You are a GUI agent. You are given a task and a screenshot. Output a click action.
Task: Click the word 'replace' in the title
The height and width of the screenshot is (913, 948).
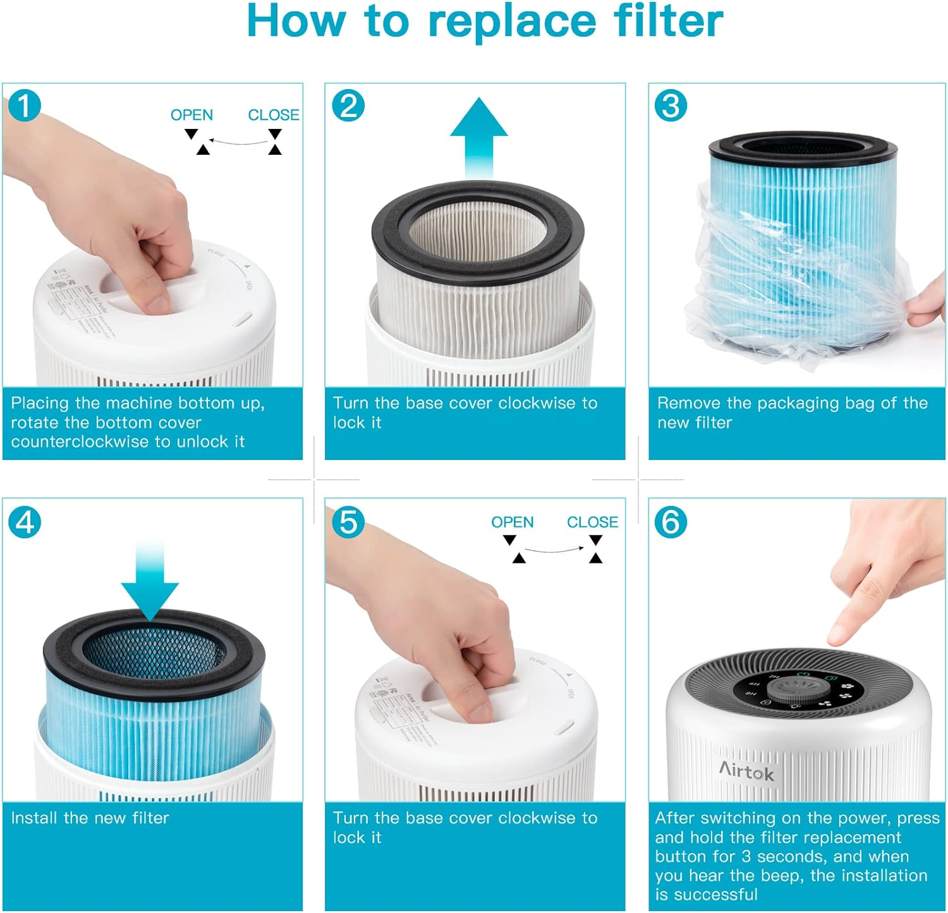(x=511, y=22)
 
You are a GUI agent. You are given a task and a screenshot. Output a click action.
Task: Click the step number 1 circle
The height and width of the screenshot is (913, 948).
(x=25, y=106)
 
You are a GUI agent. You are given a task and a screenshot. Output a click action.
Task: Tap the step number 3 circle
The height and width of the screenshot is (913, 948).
(x=671, y=106)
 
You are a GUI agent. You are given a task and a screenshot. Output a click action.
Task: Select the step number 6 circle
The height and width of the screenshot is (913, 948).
(x=671, y=523)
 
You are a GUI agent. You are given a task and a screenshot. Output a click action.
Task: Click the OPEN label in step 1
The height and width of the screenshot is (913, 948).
(x=191, y=115)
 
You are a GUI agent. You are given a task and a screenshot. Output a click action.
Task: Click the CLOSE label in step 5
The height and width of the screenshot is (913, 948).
(x=592, y=522)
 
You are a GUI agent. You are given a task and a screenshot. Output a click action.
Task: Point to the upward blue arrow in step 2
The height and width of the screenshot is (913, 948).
(x=479, y=136)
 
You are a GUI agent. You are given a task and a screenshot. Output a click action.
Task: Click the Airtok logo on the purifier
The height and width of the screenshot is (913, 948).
(x=746, y=771)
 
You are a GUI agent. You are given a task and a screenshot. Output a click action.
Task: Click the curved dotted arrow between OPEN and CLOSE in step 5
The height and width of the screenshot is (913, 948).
(x=554, y=550)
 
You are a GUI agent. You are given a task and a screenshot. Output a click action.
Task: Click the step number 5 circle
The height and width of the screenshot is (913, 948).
(x=348, y=523)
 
